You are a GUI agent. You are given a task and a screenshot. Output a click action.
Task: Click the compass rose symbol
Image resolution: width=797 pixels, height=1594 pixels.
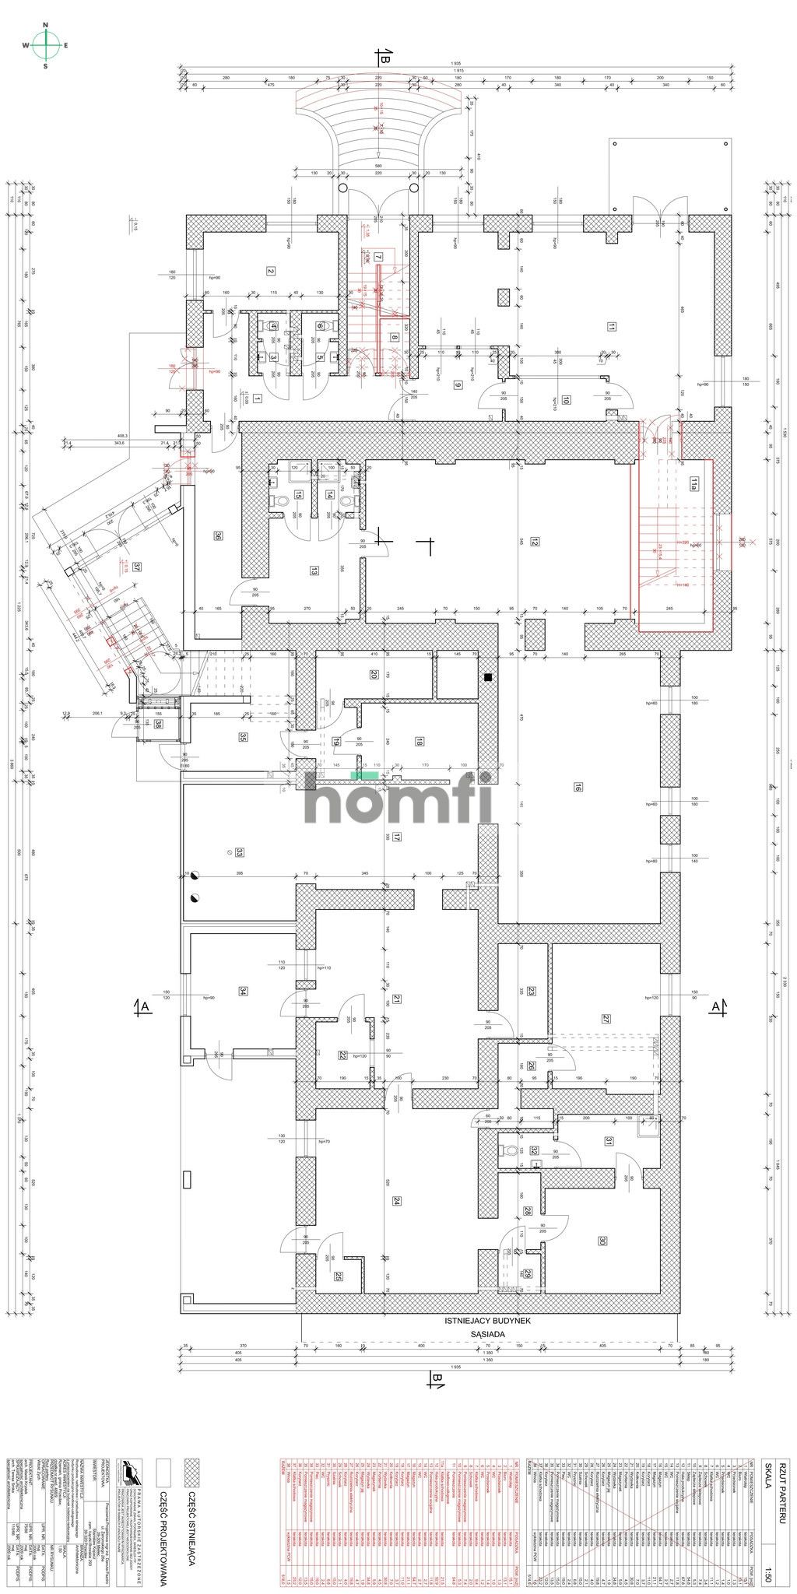tap(46, 45)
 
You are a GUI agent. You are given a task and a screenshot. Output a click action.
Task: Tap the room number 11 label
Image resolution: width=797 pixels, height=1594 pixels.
tap(613, 327)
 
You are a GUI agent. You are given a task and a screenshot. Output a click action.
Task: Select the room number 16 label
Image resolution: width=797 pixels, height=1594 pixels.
tap(578, 787)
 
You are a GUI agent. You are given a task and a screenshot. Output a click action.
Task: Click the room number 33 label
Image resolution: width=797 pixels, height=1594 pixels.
tap(240, 852)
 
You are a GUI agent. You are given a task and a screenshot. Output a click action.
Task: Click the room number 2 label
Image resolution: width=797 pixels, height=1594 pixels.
tap(271, 271)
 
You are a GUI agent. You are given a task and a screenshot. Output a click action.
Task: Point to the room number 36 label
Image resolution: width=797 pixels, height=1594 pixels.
tap(219, 535)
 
